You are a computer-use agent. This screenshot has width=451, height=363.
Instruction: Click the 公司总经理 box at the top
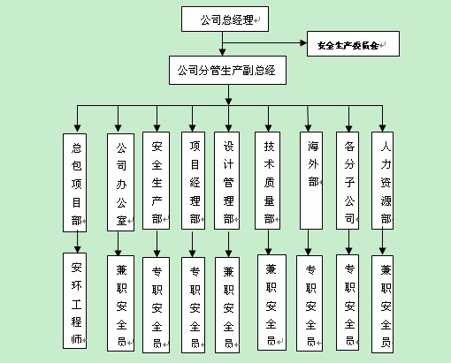(225, 19)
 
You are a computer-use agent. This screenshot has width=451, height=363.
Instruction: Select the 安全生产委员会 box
(353, 43)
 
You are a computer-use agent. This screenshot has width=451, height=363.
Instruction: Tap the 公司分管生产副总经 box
(227, 71)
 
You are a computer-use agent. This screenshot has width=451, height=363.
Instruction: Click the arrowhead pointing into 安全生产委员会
(303, 43)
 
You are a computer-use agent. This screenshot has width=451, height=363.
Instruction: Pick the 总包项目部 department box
(74, 183)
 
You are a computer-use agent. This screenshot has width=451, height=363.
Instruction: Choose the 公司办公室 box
(120, 182)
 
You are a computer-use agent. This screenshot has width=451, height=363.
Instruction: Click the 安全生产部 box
(156, 180)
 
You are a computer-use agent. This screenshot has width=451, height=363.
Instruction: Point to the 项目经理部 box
(193, 180)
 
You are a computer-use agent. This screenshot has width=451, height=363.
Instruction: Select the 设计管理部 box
(226, 180)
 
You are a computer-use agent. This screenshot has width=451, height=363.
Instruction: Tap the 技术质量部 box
(267, 180)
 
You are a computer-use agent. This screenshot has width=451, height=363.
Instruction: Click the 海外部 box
(311, 180)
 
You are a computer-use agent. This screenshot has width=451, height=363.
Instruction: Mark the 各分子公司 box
(348, 180)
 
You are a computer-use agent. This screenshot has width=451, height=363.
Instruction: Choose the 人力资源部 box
(382, 180)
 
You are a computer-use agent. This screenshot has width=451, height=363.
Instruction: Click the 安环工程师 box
(74, 300)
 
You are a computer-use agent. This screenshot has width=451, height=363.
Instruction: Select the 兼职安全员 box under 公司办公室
(120, 303)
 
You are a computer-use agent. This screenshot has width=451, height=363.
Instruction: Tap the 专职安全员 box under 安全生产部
(156, 305)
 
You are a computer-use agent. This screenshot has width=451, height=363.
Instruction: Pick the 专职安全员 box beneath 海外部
(310, 303)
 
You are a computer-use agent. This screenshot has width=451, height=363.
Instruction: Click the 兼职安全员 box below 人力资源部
(382, 304)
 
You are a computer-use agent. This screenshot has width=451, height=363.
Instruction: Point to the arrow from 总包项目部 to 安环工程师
(77, 242)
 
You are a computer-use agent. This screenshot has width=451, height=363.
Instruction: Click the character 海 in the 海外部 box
(313, 146)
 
